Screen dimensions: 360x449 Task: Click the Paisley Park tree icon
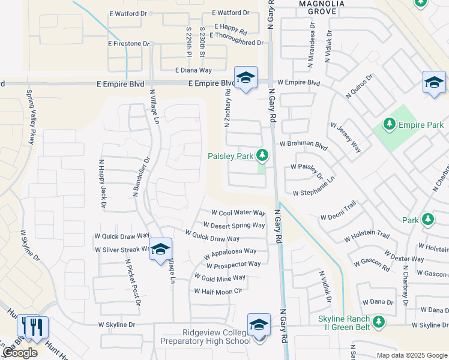(262, 155)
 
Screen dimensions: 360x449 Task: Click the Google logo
(20, 353)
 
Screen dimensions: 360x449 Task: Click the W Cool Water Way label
(238, 213)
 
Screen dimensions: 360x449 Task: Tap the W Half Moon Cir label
(217, 291)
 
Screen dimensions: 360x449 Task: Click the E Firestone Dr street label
(128, 44)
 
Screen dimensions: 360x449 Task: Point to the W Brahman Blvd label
(304, 145)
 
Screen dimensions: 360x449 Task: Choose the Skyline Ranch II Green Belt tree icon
(378, 322)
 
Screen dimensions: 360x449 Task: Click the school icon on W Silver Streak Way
(160, 249)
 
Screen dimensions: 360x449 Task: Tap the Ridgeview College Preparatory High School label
(205, 337)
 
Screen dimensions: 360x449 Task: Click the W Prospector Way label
(234, 265)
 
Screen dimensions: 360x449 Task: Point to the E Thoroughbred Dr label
(236, 43)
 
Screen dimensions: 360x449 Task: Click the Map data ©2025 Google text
(411, 355)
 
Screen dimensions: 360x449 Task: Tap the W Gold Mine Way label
(220, 278)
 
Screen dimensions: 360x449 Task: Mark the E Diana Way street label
(194, 70)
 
